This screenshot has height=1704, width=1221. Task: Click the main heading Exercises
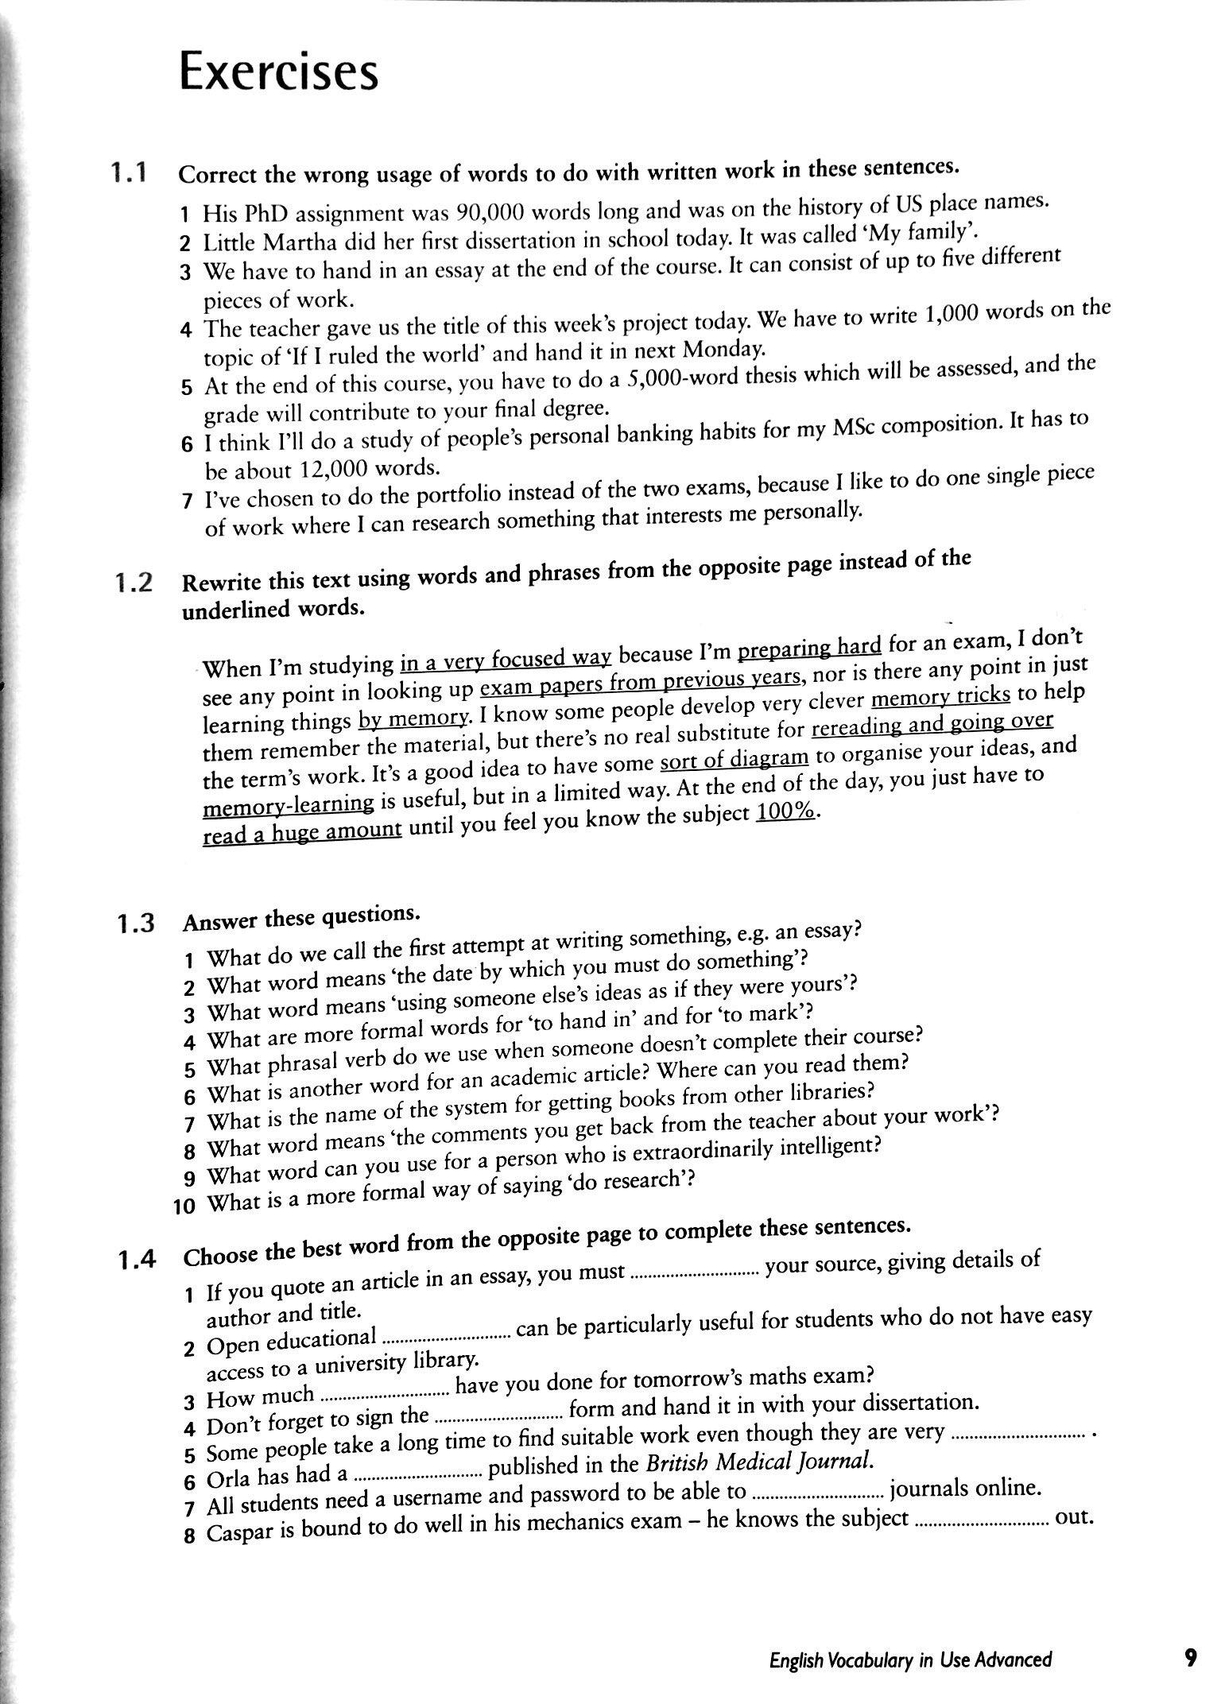pyautogui.click(x=278, y=72)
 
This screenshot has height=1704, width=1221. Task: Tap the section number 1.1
pyautogui.click(x=129, y=172)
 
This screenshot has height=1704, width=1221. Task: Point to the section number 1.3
pyautogui.click(x=135, y=924)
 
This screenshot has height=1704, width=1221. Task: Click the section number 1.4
pyautogui.click(x=136, y=1260)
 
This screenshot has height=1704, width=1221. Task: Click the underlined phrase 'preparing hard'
pyautogui.click(x=809, y=647)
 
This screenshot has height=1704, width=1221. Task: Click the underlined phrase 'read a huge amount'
pyautogui.click(x=302, y=833)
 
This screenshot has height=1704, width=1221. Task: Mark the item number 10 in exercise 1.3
pyautogui.click(x=184, y=1206)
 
